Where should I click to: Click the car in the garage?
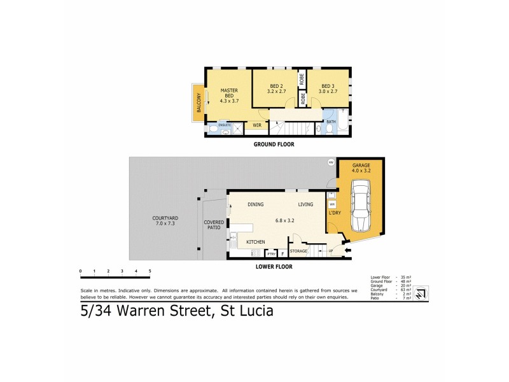click(x=360, y=207)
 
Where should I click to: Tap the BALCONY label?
click(x=199, y=102)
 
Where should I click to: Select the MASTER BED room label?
click(x=228, y=95)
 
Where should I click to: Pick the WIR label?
click(x=257, y=125)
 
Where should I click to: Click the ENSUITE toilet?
click(x=212, y=129)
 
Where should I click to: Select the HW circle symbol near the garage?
click(x=330, y=162)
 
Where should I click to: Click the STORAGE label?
click(x=299, y=251)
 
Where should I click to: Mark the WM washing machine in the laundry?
click(x=331, y=204)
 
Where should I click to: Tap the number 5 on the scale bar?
click(x=150, y=271)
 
